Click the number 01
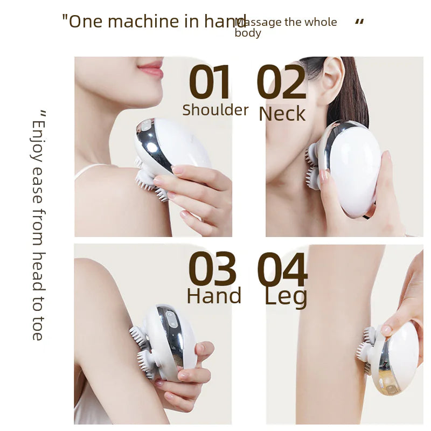pos(210,84)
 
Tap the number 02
pos(281,84)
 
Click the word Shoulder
pos(215,110)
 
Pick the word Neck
pos(282,114)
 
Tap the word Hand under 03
pos(214,296)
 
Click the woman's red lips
pos(151,69)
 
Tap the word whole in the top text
pos(321,22)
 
